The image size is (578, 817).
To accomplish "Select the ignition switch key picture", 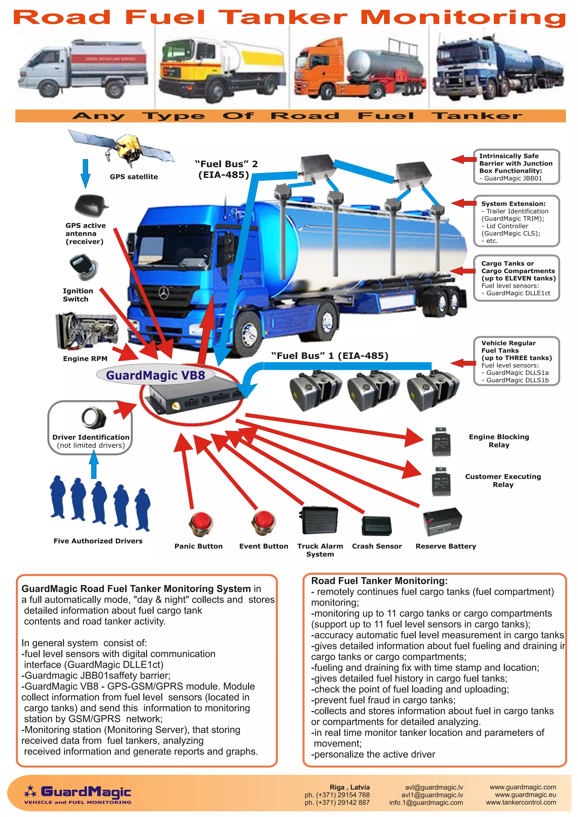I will point(83,267).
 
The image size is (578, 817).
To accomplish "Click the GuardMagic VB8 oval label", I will point(156,375).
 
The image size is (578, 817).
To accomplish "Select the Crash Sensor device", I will point(376,526).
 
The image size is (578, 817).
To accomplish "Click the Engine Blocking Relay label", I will point(499,441).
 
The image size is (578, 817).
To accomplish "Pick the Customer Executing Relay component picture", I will point(441,482).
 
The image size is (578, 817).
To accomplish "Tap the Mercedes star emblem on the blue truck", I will point(163,294).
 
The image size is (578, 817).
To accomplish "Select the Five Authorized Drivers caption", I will point(98,541).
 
